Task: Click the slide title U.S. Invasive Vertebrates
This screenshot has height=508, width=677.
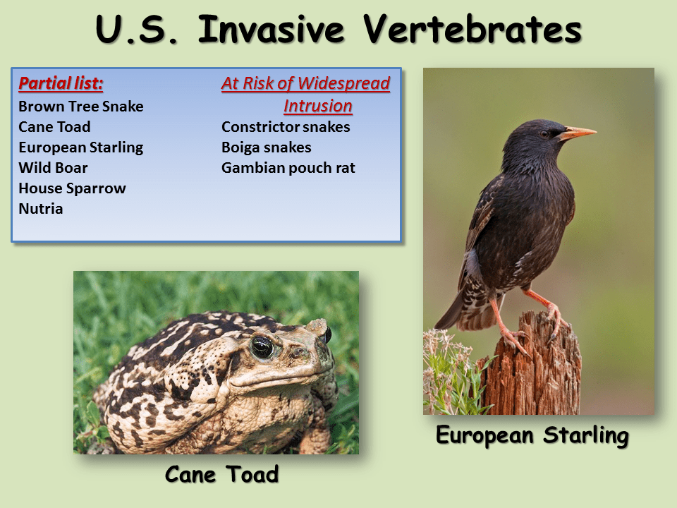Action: (x=338, y=30)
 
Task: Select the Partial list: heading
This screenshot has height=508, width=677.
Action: (x=61, y=84)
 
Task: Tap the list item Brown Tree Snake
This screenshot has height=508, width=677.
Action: (x=80, y=107)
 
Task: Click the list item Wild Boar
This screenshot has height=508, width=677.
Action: (x=53, y=168)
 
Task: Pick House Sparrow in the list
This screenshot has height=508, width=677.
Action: (x=72, y=188)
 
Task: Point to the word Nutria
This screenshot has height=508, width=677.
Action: (x=40, y=209)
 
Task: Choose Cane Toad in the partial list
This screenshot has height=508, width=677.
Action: (x=54, y=127)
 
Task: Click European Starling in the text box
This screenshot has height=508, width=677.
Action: (x=80, y=147)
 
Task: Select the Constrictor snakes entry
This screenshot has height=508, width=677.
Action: (x=286, y=127)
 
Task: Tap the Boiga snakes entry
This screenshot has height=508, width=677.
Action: (x=266, y=147)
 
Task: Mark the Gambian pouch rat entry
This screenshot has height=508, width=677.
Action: (x=288, y=168)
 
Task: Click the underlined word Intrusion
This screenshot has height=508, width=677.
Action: (x=317, y=106)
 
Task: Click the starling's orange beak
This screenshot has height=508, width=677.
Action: (x=578, y=132)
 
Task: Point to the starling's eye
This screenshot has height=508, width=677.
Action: (x=544, y=133)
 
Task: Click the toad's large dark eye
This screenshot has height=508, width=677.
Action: (x=262, y=346)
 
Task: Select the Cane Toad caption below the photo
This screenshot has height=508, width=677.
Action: (x=221, y=474)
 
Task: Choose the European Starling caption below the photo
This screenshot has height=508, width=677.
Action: (x=532, y=435)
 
